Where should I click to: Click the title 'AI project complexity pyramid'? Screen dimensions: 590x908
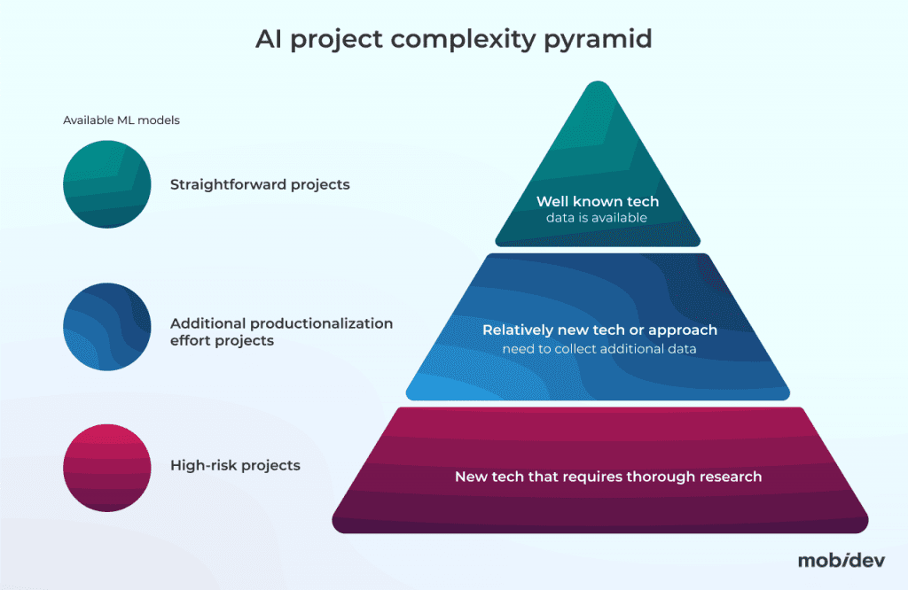(x=454, y=39)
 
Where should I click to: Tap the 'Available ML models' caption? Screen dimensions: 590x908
(x=121, y=120)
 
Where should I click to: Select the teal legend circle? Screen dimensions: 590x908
(x=107, y=184)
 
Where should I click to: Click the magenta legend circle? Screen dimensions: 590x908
(x=107, y=467)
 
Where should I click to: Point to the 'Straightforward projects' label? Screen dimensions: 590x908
(x=260, y=185)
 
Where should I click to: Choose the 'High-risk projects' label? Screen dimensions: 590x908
(x=235, y=465)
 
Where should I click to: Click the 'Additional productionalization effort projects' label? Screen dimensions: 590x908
(x=281, y=331)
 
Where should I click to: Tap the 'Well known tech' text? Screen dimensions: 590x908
(x=598, y=202)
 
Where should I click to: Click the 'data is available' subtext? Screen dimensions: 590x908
(x=597, y=218)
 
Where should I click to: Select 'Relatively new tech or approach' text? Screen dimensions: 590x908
(x=599, y=330)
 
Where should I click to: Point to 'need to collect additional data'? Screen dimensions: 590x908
(x=599, y=349)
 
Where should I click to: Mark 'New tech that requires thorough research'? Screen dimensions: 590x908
(x=608, y=477)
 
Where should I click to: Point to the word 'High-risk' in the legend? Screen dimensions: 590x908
(x=201, y=465)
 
